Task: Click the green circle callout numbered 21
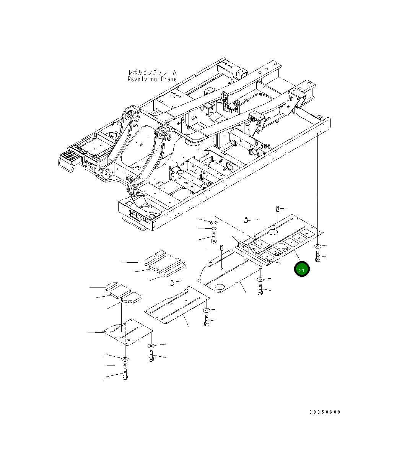click(301, 269)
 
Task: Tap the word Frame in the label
click(169, 79)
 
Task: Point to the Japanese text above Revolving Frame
click(152, 72)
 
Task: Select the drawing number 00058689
click(325, 412)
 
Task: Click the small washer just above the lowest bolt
click(125, 365)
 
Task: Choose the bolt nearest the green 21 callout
click(317, 256)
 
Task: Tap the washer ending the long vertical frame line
click(317, 246)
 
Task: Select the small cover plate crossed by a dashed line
click(127, 331)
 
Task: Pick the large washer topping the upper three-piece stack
click(213, 222)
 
